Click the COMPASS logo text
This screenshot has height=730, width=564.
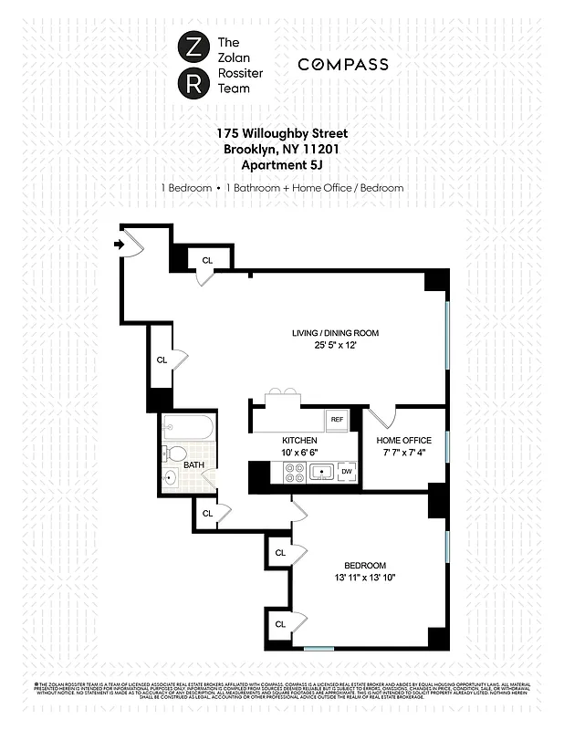[343, 65]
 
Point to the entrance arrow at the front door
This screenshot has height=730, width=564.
[118, 244]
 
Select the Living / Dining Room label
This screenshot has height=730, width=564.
[335, 333]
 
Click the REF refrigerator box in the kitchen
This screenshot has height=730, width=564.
[337, 419]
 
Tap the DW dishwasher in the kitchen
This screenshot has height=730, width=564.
[347, 471]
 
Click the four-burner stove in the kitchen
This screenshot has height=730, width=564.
[296, 472]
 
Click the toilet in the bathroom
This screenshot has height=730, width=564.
[178, 453]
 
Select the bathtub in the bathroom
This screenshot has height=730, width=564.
[187, 428]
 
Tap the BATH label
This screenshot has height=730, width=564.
[193, 464]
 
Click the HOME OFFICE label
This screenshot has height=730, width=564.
[404, 441]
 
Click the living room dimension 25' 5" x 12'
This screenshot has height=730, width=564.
[335, 346]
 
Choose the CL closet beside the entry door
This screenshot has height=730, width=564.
[207, 261]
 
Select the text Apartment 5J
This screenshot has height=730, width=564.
[282, 165]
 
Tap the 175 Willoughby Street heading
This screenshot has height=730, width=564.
[282, 134]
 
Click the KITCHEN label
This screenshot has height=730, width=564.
[299, 441]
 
